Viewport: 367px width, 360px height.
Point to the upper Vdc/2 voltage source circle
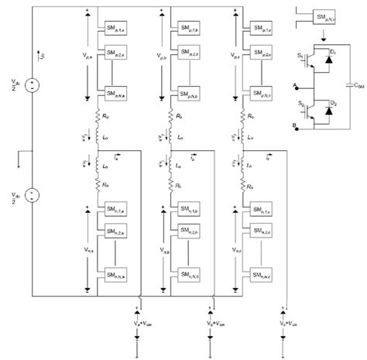(x=32, y=84)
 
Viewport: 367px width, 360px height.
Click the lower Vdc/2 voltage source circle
(x=32, y=195)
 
